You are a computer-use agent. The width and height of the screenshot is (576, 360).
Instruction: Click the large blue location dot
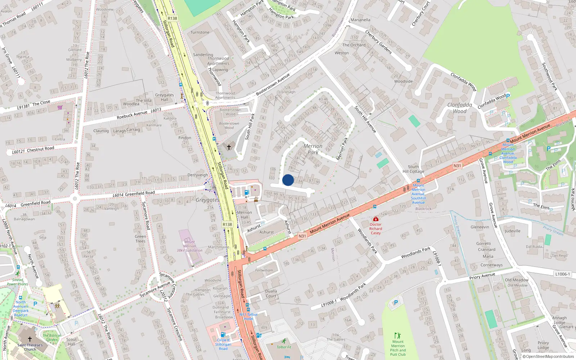pyautogui.click(x=288, y=180)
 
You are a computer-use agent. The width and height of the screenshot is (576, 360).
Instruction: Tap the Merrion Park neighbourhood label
pyautogui.click(x=313, y=149)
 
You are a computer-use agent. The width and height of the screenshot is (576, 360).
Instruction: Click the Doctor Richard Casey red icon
pyautogui.click(x=375, y=219)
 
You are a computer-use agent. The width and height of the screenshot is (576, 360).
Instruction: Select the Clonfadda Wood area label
pyautogui.click(x=460, y=108)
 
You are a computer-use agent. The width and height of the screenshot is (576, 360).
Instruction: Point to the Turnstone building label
pyautogui.click(x=200, y=32)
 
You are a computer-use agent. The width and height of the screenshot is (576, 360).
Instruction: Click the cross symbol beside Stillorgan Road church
pyautogui.click(x=229, y=147)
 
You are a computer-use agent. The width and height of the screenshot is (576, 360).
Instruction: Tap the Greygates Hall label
pyautogui.click(x=165, y=97)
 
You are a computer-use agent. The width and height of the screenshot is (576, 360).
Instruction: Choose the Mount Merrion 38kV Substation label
pyautogui.click(x=189, y=246)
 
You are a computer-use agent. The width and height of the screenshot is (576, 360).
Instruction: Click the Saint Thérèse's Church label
pyautogui.click(x=30, y=347)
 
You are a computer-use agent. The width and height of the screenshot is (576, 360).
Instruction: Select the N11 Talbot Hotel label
pyautogui.click(x=248, y=316)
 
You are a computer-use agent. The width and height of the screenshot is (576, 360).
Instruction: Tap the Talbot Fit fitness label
pyautogui.click(x=284, y=347)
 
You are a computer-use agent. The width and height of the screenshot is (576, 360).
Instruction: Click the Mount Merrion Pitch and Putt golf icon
pyautogui.click(x=397, y=336)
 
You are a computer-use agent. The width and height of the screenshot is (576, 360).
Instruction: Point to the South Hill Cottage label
pyautogui.click(x=413, y=169)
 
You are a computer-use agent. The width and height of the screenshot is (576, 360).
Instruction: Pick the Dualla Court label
pyautogui.click(x=271, y=293)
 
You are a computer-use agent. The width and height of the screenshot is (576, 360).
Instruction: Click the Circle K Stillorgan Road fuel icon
pyautogui.click(x=223, y=334)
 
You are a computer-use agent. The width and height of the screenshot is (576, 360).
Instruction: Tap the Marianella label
pyautogui.click(x=360, y=20)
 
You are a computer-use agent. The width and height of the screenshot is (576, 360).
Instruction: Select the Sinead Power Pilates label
pyautogui.click(x=17, y=282)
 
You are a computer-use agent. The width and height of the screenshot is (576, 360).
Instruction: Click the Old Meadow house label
pyautogui.click(x=517, y=280)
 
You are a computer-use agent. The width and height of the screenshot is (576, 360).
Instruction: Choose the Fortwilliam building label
pyautogui.click(x=264, y=270)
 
